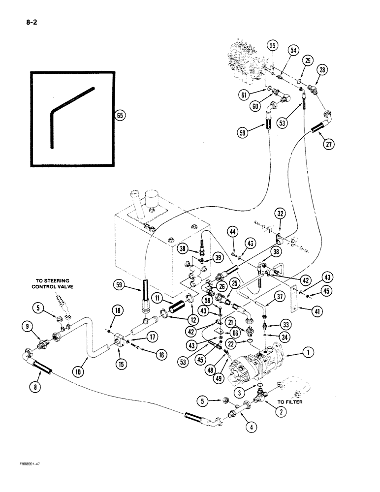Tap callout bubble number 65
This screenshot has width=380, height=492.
click(119, 116)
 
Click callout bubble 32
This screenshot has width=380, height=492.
click(280, 214)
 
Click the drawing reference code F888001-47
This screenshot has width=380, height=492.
click(20, 477)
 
